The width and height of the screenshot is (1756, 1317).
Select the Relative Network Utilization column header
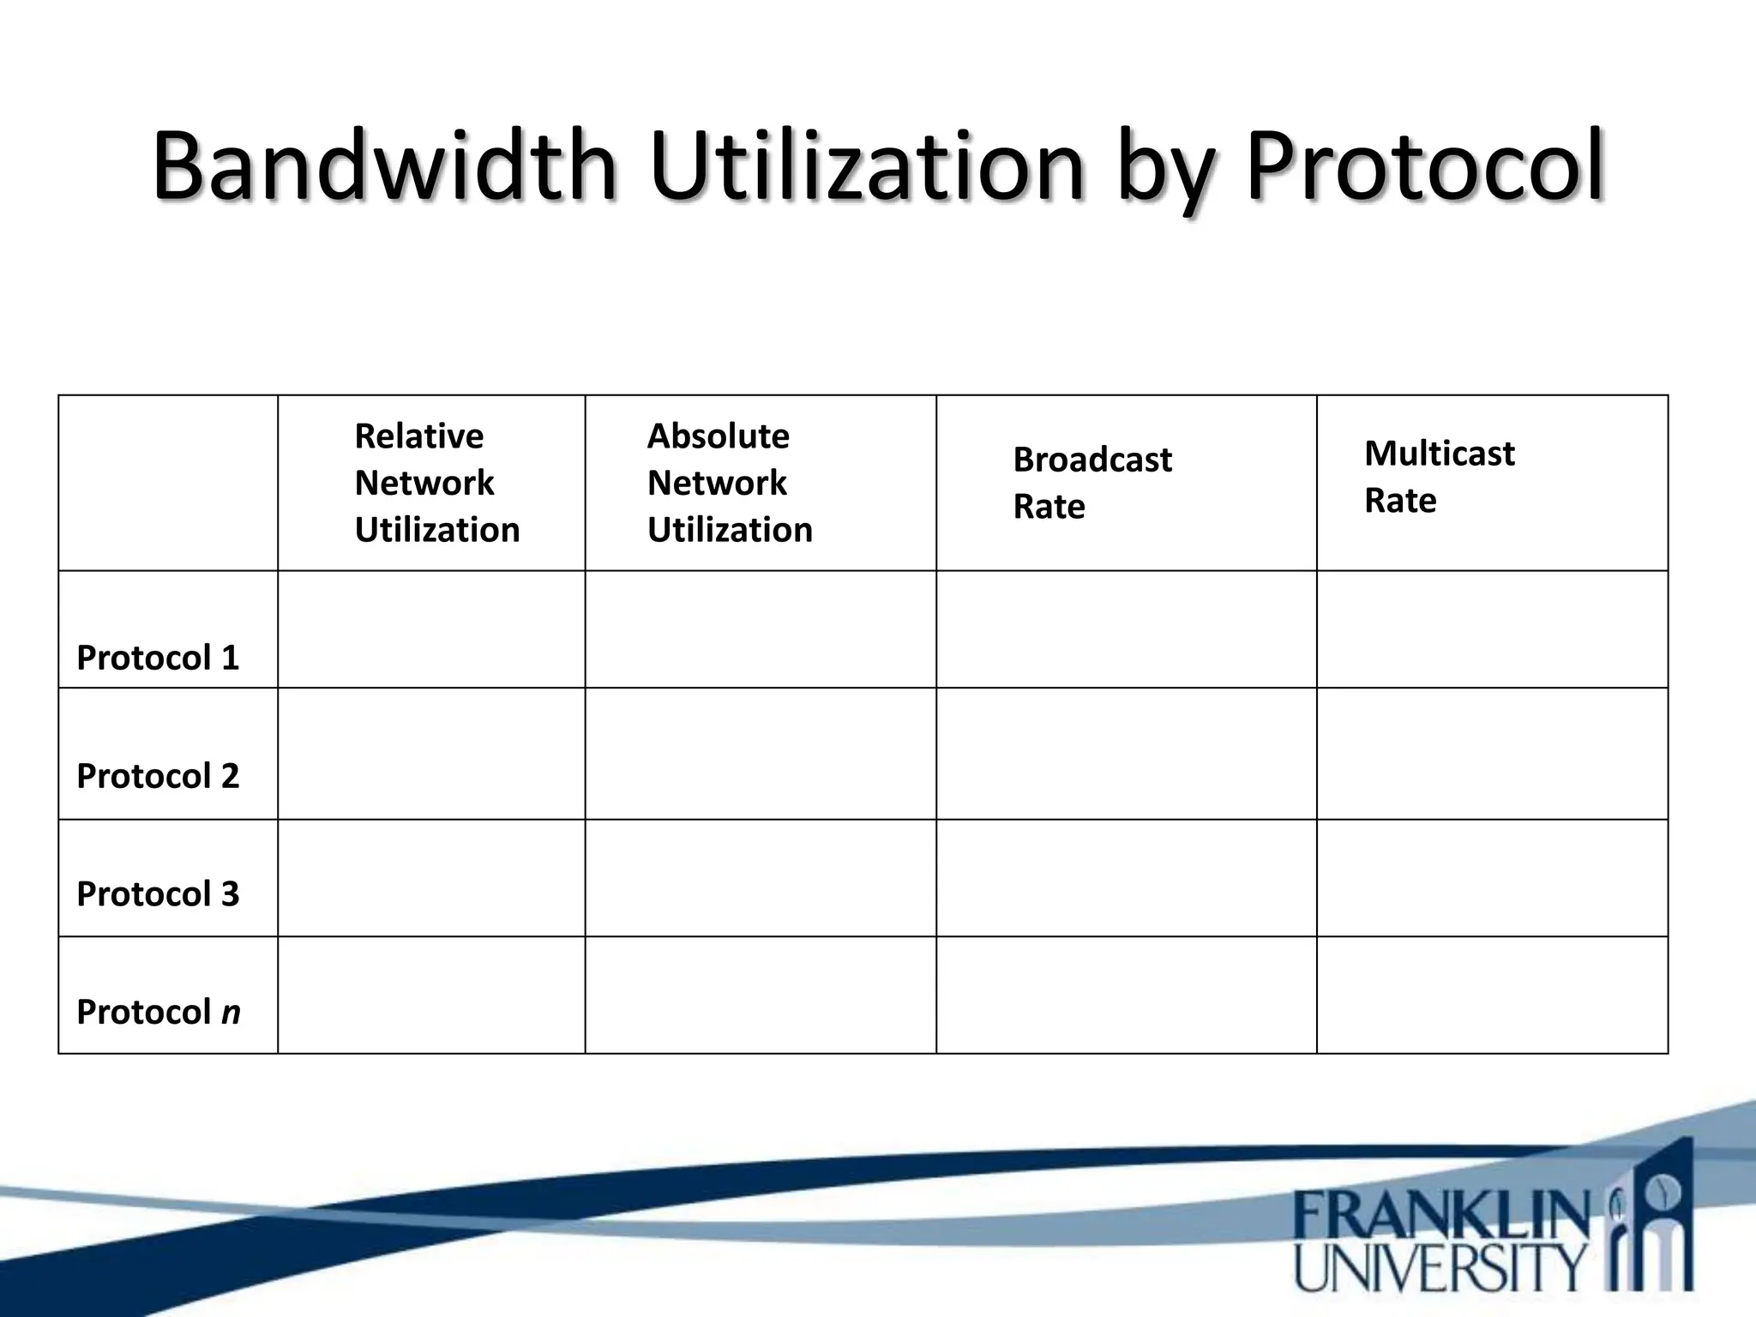coord(436,483)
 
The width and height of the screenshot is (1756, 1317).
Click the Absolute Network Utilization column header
coord(730,483)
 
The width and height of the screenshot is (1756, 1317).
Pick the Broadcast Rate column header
coord(1091,483)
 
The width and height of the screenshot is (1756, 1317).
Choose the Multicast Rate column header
coord(1439,477)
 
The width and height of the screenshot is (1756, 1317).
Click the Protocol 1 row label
coord(158,658)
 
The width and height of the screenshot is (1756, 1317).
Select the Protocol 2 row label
coord(158,776)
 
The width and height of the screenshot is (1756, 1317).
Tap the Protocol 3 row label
coord(158,894)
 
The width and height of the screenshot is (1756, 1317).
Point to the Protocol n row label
coord(159,1012)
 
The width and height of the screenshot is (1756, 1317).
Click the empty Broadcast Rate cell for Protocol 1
coord(1126,629)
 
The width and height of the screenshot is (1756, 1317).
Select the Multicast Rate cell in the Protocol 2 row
coord(1492,754)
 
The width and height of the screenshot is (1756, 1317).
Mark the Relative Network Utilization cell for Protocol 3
coord(431,878)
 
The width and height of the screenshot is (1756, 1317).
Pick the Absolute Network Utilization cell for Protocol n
coord(761,995)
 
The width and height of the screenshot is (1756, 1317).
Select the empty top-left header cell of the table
coord(168,483)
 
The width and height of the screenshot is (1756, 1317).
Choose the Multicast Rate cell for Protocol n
coord(1492,995)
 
